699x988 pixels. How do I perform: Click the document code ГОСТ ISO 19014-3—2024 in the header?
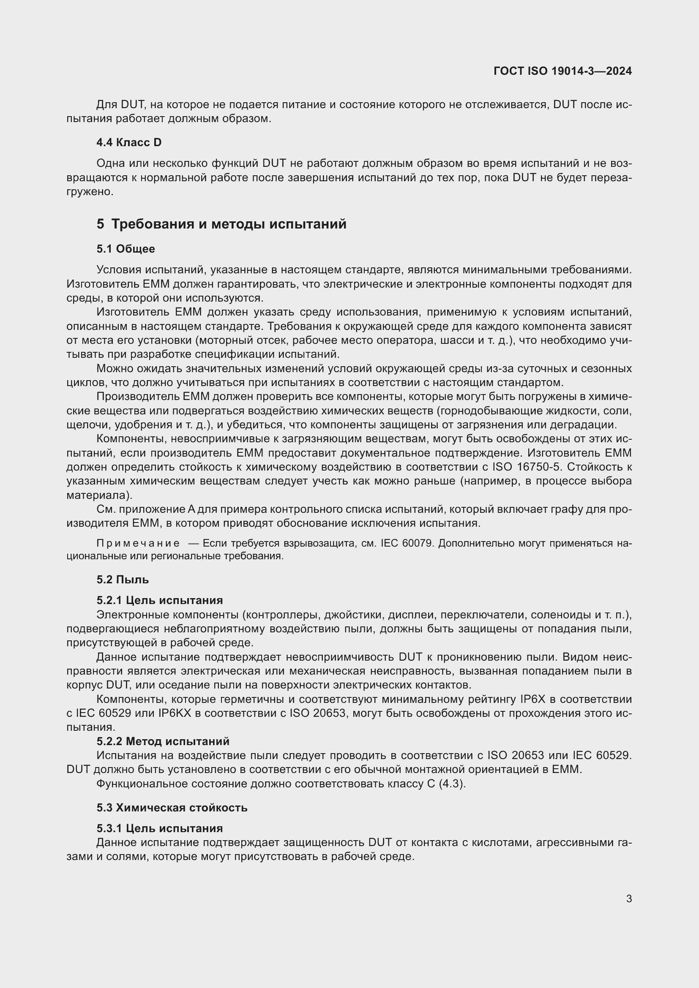pos(562,71)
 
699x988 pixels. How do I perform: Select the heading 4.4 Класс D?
pos(129,142)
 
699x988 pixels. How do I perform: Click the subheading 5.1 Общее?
pos(125,249)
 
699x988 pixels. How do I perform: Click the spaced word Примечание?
pos(138,544)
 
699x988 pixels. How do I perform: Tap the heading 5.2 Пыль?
pos(122,580)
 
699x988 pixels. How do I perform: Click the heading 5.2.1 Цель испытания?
pos(159,600)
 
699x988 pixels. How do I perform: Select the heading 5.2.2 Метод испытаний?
pos(163,741)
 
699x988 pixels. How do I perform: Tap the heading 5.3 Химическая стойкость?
pos(172,808)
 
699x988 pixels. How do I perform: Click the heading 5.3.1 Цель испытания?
pos(159,828)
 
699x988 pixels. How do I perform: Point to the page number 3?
pos(629,899)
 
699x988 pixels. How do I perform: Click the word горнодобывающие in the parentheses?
pos(475,411)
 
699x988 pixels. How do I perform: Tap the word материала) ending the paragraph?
pos(99,495)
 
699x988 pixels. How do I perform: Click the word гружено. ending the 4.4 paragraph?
pos(90,192)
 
